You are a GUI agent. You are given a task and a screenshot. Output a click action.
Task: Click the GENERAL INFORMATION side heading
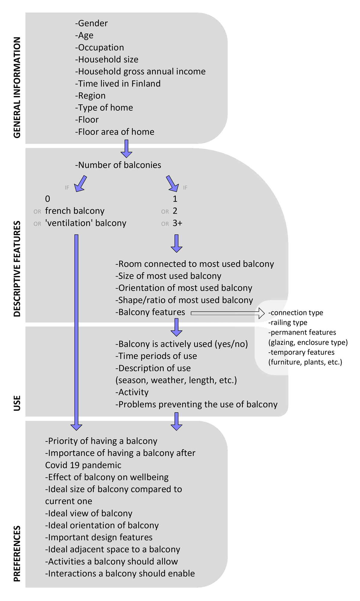coord(17,87)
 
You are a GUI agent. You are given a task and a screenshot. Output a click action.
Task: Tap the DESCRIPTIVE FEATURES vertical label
coord(17,269)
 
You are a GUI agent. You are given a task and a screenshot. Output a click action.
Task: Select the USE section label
coord(17,403)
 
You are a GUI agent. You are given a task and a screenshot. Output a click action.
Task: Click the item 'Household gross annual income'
coord(140,72)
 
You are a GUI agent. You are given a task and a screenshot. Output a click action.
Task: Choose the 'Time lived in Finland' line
coord(118,84)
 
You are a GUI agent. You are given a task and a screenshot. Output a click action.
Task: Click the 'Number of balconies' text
coord(118,165)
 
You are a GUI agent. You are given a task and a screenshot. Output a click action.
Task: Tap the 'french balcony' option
coord(75,211)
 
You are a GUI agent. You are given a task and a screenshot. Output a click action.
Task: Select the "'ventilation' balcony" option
coord(85,223)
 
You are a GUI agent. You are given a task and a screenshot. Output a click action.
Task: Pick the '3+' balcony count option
coord(177,223)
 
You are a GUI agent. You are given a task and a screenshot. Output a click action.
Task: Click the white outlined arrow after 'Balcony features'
coord(228,313)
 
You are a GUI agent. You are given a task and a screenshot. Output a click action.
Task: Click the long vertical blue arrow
coord(76,330)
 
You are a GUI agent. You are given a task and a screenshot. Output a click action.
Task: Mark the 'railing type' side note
coord(288,323)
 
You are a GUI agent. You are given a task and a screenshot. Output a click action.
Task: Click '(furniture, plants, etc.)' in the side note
coord(305,362)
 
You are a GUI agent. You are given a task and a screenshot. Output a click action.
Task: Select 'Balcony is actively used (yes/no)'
coord(181,344)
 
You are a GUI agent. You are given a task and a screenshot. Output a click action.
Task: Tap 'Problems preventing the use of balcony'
coord(196,405)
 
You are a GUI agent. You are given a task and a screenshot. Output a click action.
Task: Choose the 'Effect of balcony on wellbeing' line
coord(107,477)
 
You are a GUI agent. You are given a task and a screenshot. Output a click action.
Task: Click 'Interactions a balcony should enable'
coord(120,574)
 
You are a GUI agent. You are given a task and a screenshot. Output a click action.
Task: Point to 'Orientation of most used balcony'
coord(184,288)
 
